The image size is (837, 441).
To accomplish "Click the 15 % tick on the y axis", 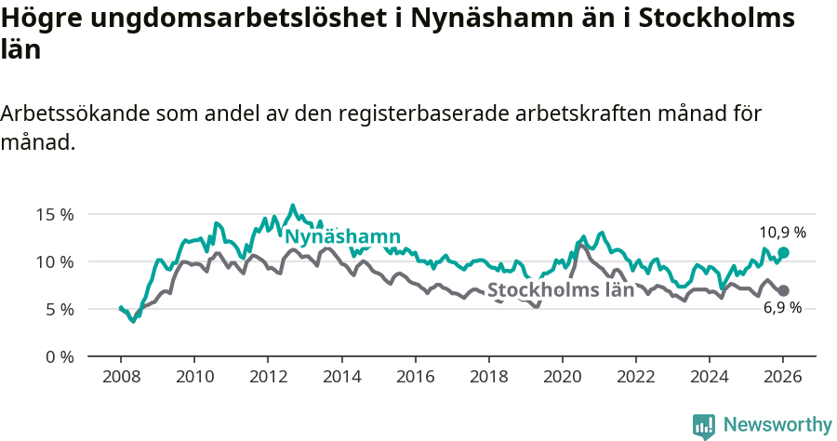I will pos(54,214).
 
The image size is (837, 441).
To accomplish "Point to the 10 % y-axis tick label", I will pos(54,261).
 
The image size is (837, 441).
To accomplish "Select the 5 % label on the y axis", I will pos(58,309).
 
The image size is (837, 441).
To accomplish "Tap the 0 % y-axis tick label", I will pos(58,356).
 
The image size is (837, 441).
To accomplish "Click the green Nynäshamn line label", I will pos(342,236).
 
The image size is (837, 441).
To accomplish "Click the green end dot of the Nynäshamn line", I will pos(783,252).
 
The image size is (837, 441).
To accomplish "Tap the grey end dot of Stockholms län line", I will pos(783,290).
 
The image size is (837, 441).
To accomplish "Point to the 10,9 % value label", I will pos(782,233).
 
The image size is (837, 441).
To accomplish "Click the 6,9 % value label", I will pos(782,308).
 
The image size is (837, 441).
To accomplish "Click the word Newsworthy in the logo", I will pos(777,425).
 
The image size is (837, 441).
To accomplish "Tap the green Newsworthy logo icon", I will pos(704,426).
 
